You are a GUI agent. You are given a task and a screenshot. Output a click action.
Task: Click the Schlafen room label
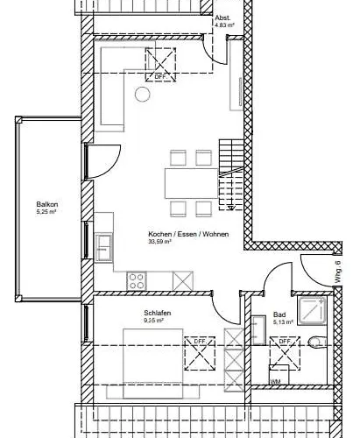(x=157, y=313)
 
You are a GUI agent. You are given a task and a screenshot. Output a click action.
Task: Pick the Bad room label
(x=279, y=314)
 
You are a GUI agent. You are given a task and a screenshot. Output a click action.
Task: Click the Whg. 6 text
(x=336, y=267)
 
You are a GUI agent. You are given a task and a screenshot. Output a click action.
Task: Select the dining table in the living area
(x=191, y=182)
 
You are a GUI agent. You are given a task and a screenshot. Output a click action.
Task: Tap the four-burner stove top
(x=138, y=280)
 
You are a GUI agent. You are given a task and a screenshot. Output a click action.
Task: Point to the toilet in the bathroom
(x=318, y=343)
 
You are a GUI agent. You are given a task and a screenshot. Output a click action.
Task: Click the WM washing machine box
(x=276, y=382)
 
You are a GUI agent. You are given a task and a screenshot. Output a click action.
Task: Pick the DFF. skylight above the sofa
(x=160, y=60)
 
